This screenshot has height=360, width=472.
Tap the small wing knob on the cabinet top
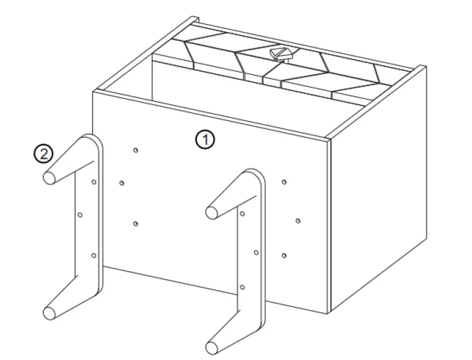click(281, 54)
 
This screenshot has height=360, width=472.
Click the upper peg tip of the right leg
click(212, 212)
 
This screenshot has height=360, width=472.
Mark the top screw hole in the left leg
click(93, 182)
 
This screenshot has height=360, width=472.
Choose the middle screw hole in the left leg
click(80, 215)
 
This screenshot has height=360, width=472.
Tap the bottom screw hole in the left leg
click(94, 254)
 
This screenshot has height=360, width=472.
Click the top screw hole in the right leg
click(242, 214)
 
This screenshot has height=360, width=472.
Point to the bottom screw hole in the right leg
click(242, 287)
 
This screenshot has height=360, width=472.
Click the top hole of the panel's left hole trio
click(136, 149)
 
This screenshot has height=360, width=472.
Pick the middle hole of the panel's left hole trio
click(122, 182)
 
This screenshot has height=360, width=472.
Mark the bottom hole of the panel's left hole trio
click(136, 223)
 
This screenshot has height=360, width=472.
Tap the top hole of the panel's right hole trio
click(283, 182)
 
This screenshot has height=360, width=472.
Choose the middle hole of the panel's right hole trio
click(297, 220)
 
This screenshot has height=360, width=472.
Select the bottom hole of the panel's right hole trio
click(284, 255)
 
